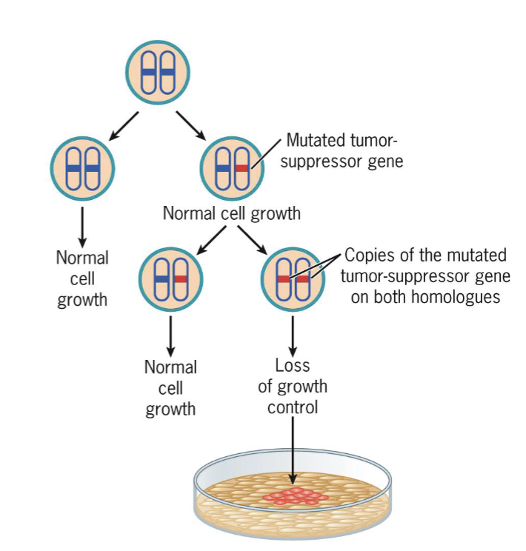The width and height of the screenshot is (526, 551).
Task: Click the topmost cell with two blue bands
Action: tap(158, 72)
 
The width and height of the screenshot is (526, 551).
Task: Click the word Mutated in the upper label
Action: tap(313, 140)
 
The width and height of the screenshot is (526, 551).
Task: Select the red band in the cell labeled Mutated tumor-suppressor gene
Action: tap(242, 168)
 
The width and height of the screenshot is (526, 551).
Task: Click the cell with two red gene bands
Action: tap(293, 279)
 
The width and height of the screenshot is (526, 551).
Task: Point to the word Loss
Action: tap(293, 365)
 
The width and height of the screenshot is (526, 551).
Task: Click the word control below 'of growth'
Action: tap(293, 407)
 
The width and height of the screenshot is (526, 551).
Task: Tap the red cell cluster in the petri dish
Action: tap(295, 496)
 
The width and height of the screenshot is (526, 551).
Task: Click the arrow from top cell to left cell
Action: tap(124, 126)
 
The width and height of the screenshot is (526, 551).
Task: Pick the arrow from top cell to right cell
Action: tap(191, 125)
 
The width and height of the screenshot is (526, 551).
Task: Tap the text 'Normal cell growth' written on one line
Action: tap(232, 213)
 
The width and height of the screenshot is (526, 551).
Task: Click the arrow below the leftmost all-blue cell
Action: tap(82, 227)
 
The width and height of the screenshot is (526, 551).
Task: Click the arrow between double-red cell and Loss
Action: tap(293, 336)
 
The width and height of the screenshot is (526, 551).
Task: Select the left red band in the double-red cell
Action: tap(284, 279)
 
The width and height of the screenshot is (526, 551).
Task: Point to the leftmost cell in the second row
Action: tap(82, 169)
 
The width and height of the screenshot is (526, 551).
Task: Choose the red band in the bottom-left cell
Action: tap(181, 279)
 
